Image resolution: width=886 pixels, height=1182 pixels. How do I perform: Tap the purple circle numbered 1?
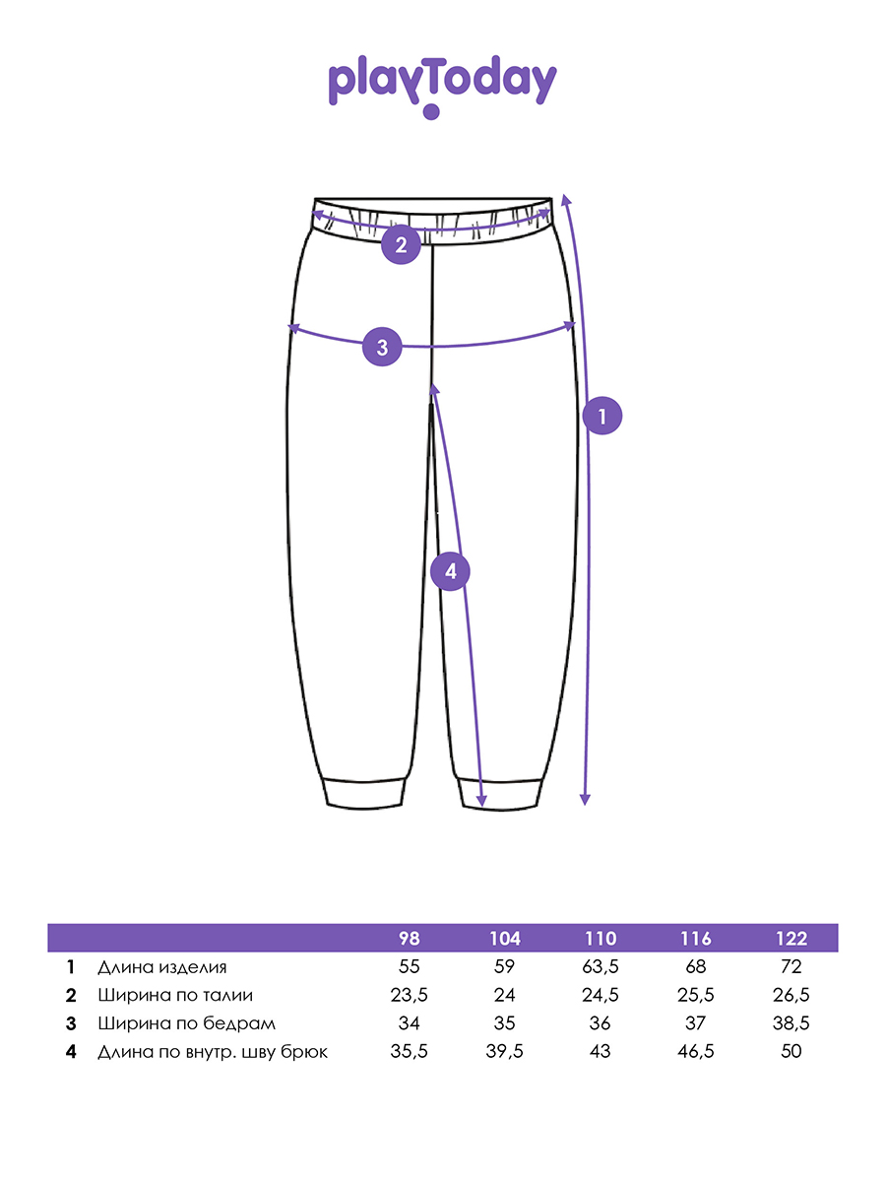tap(601, 417)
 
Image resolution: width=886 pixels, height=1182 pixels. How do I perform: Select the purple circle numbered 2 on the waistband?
tap(402, 245)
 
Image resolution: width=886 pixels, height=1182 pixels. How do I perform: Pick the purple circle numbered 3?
tap(383, 347)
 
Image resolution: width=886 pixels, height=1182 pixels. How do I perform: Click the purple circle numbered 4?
tap(450, 570)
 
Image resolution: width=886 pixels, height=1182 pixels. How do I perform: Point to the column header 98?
tap(409, 939)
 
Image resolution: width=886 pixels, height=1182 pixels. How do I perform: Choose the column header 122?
tap(791, 939)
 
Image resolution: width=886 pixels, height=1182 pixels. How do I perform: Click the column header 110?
tap(601, 939)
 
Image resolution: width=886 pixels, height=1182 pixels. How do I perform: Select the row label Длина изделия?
tap(161, 967)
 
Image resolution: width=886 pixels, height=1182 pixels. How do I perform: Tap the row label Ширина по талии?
tap(175, 996)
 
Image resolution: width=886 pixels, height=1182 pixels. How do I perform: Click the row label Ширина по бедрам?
tap(186, 1023)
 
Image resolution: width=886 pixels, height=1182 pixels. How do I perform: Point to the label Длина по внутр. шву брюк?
tap(213, 1052)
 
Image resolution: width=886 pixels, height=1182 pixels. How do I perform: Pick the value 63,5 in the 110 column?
tap(601, 967)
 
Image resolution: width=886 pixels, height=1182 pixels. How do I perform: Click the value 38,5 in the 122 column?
tap(791, 1023)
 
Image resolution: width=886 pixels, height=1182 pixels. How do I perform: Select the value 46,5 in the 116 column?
tap(696, 1051)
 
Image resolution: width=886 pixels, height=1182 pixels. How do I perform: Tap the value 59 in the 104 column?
tap(505, 967)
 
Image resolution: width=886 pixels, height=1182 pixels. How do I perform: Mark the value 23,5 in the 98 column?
tap(409, 995)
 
